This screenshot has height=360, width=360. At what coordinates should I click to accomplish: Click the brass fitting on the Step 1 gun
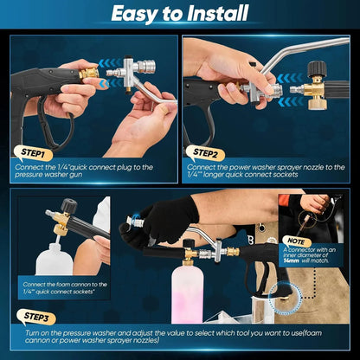pos(88,75)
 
